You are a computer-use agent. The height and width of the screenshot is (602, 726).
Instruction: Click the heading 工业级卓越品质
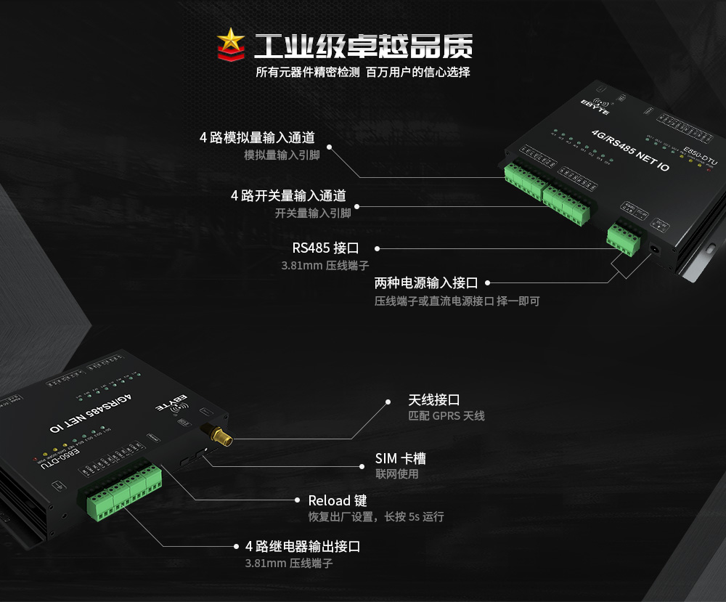coord(363,46)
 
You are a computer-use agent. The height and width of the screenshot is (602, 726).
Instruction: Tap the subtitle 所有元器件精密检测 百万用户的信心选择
coord(363,72)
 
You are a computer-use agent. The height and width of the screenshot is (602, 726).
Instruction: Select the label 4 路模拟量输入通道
coord(258,137)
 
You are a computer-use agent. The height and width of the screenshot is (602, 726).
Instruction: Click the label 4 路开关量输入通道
coord(288,195)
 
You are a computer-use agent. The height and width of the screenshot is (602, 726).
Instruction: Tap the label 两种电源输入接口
coord(426,282)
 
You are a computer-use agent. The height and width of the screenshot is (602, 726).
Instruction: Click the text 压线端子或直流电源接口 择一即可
coord(457,301)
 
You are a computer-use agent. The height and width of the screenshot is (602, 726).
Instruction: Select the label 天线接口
coord(434,399)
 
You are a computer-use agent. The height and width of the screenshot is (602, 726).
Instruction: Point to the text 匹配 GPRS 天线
coord(446,416)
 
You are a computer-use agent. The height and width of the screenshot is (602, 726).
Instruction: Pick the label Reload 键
coord(338,500)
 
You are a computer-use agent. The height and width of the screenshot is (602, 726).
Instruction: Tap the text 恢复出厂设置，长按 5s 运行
coord(376,517)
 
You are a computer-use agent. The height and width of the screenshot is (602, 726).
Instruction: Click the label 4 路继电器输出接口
coord(303,546)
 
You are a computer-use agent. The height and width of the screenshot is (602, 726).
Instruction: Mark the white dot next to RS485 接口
coord(377,248)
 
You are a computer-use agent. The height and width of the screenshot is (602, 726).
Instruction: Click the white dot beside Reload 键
coord(298,500)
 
